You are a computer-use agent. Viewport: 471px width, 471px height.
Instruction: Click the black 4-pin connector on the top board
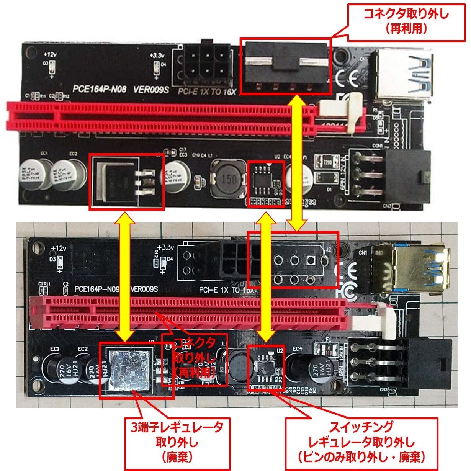click(286, 66)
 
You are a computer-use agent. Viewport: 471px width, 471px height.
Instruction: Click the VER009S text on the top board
click(152, 90)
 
